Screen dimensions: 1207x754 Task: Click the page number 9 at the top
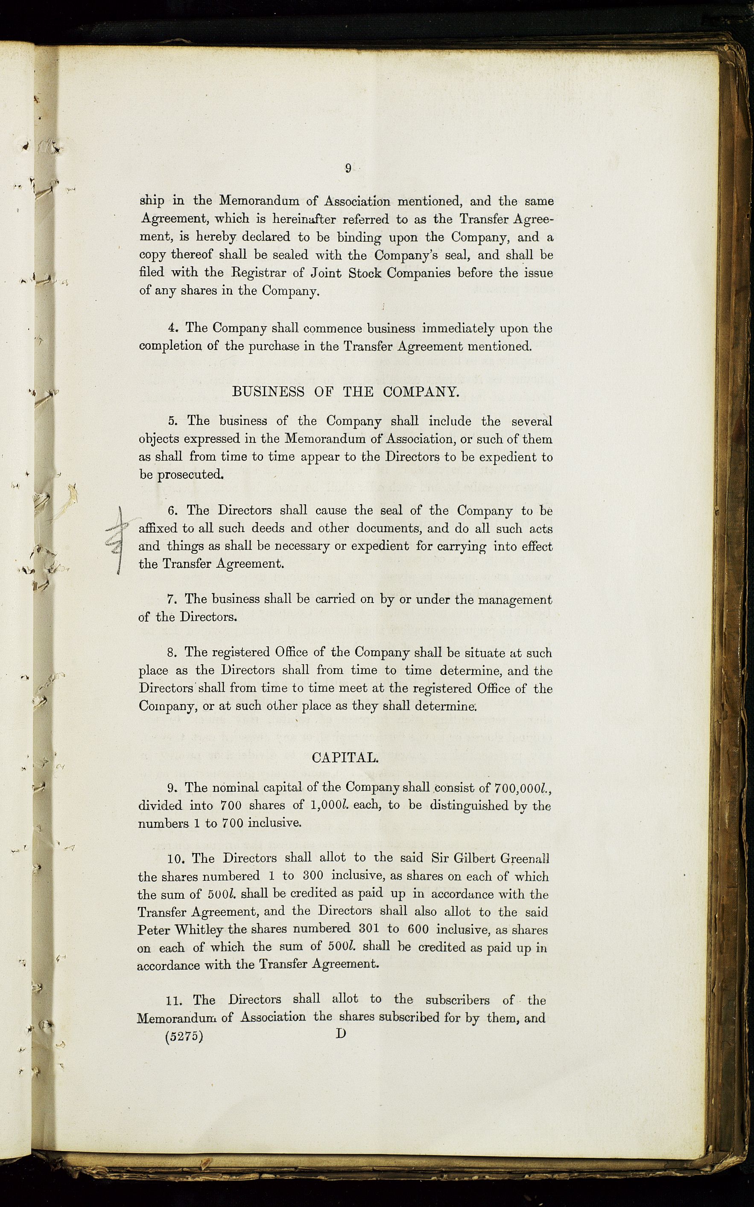(x=348, y=169)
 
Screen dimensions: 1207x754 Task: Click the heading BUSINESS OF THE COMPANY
(x=345, y=392)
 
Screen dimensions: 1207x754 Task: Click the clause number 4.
(x=172, y=328)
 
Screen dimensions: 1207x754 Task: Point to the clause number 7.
(x=172, y=599)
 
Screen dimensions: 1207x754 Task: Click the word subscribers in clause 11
(x=457, y=1000)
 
